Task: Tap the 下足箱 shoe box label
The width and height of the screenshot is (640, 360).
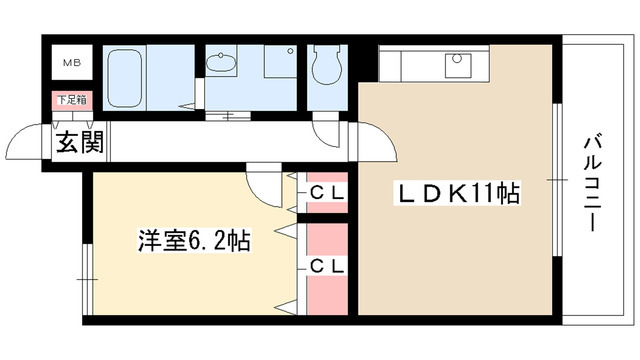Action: click(71, 101)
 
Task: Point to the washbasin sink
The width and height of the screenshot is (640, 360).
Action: click(222, 66)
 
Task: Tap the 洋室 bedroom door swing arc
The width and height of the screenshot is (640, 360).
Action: click(261, 183)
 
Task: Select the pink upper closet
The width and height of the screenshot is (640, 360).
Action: click(326, 190)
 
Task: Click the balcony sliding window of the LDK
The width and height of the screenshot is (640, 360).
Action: click(554, 180)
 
